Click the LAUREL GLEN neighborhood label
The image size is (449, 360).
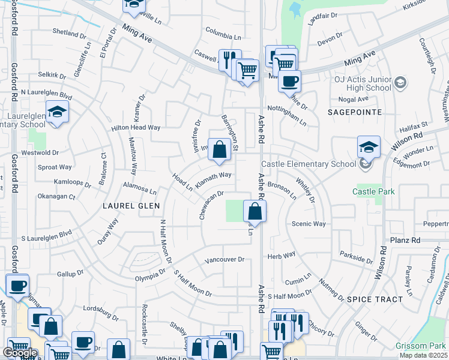[x=131, y=205]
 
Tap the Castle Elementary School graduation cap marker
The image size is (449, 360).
[x=369, y=147]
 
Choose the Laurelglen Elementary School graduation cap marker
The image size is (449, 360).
[x=57, y=112]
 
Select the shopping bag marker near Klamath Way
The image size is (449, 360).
[x=220, y=150]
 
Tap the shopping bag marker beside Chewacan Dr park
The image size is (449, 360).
[x=255, y=211]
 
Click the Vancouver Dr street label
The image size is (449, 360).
[x=224, y=260]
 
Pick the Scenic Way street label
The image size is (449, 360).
[x=308, y=224]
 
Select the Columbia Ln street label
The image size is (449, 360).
[x=223, y=29]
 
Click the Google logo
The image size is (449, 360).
[x=20, y=353]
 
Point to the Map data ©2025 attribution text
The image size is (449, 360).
[x=424, y=355]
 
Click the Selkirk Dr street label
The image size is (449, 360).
[x=51, y=75]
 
